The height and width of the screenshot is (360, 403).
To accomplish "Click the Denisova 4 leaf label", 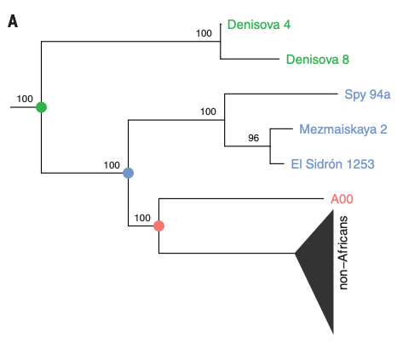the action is (259, 25).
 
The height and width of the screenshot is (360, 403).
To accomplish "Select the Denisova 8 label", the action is (318, 60).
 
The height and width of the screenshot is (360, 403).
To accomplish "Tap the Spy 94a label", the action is (367, 94).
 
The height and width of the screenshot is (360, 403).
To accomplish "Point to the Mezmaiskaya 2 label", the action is (343, 129).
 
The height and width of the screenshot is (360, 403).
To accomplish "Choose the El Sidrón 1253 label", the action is (332, 164).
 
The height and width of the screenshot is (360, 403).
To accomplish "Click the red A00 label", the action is (342, 199).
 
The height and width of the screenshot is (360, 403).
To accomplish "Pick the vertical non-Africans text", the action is (343, 253).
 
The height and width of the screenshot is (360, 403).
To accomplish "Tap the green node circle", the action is (42, 107).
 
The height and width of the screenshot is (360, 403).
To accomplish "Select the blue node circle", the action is (129, 173).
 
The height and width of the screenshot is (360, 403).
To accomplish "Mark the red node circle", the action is (158, 226).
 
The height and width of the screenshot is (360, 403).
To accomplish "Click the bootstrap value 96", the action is (253, 138).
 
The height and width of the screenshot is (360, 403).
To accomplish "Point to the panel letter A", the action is (13, 21).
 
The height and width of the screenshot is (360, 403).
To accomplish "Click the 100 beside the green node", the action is (25, 99).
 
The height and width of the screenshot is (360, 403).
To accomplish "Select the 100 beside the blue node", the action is (112, 165).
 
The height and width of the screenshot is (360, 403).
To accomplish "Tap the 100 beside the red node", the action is (142, 218).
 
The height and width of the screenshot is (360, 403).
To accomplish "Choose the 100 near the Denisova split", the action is (204, 33).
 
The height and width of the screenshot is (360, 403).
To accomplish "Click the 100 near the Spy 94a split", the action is (208, 111).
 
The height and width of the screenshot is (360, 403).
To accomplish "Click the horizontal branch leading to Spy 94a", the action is (281, 94).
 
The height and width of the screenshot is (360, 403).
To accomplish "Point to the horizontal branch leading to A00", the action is (241, 198).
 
